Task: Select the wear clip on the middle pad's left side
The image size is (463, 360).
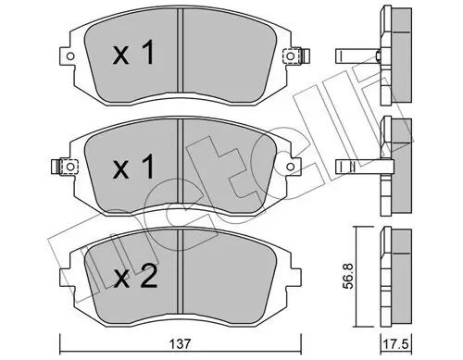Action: pos(67,168)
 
